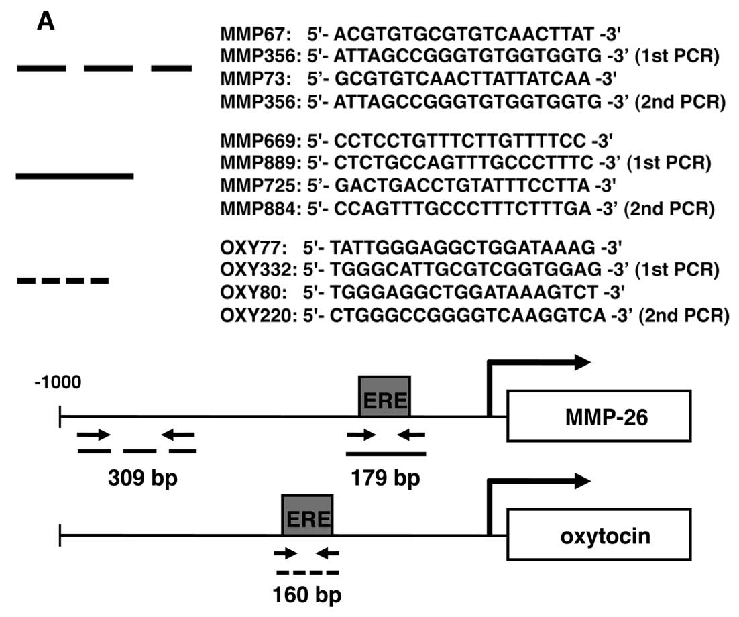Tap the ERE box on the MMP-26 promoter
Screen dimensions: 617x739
(x=384, y=397)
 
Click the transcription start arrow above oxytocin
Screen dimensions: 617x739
(x=536, y=482)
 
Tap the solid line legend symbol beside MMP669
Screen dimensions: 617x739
(x=75, y=176)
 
